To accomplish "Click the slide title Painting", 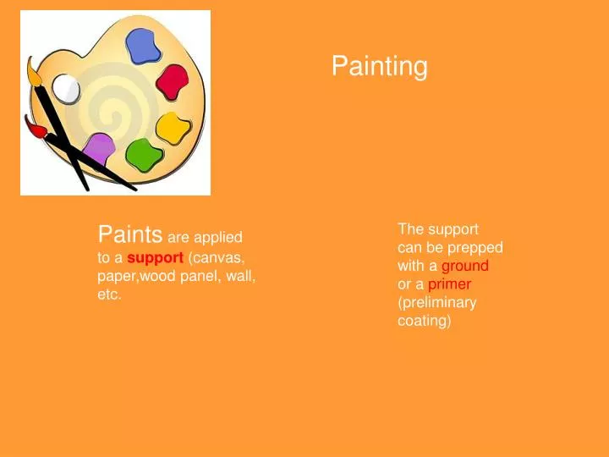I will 379,66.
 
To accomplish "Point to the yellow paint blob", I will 173,128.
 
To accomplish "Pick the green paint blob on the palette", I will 143,153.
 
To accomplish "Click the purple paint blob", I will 100,149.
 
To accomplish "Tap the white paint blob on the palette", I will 66,87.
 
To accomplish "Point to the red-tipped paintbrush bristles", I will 35,129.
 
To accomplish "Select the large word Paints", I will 130,234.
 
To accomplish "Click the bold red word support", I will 155,257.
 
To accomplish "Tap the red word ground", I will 465,266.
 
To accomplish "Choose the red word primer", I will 449,284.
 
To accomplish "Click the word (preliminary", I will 436,302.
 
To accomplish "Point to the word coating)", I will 425,321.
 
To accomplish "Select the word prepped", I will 476,247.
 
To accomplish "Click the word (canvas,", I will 217,257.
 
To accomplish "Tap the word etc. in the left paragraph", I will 110,295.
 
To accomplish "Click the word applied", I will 217,238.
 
